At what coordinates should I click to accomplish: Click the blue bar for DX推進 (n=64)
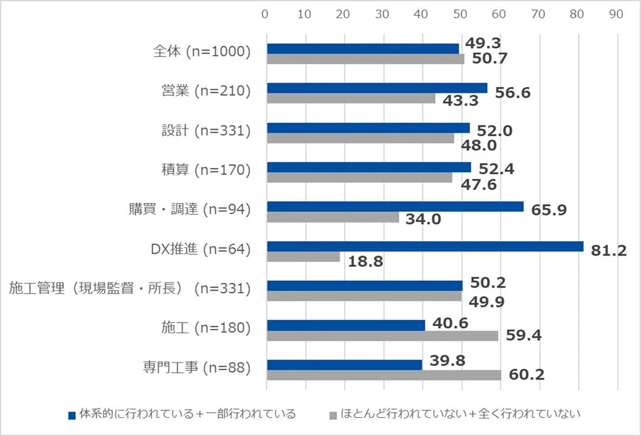click(425, 246)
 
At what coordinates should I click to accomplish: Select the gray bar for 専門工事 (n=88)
click(384, 375)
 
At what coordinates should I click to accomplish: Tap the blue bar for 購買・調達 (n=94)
click(395, 207)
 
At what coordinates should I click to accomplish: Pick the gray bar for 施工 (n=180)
click(382, 336)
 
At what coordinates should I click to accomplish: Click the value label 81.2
click(608, 251)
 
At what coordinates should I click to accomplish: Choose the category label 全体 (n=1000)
click(202, 52)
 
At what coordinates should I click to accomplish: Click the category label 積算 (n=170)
click(206, 170)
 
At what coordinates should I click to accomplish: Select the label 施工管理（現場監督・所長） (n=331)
click(130, 288)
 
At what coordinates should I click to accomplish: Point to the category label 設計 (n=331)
click(206, 130)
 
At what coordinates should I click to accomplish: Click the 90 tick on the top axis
click(616, 13)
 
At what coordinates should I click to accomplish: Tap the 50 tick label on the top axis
click(460, 13)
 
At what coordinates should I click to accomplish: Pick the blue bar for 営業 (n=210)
click(377, 88)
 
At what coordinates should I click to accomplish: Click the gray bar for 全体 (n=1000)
click(365, 59)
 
